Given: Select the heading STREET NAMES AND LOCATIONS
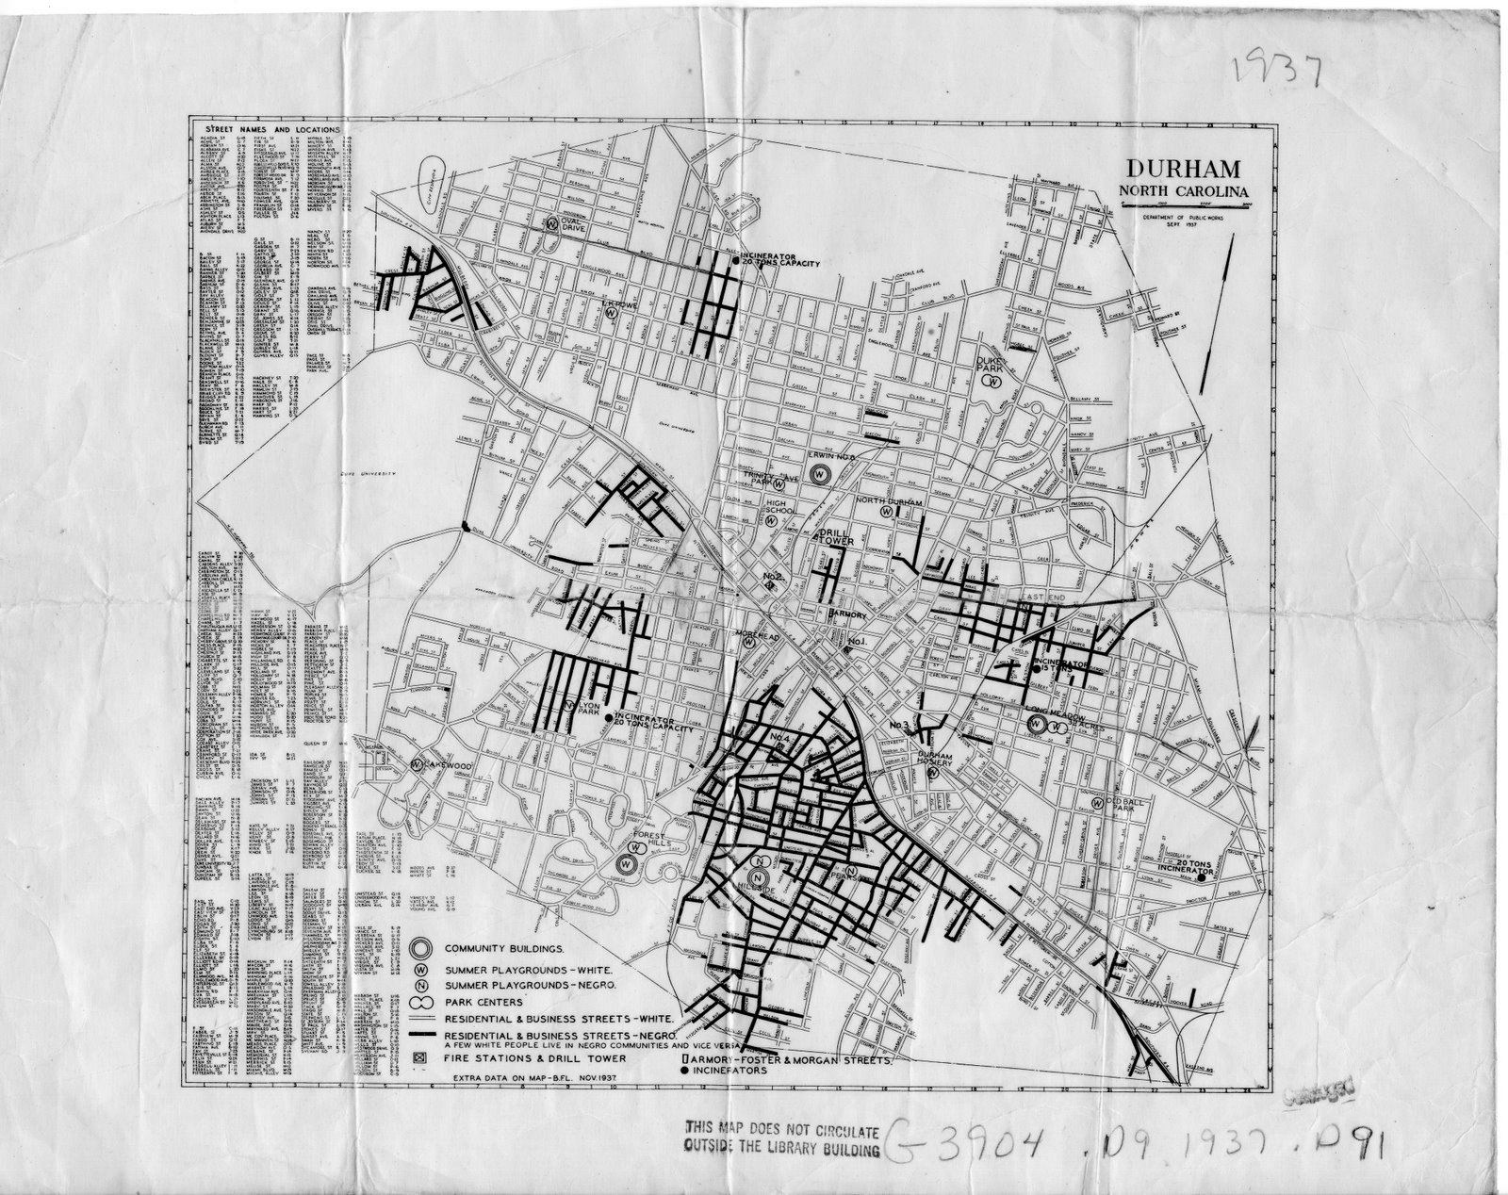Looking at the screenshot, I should pos(266,128).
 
